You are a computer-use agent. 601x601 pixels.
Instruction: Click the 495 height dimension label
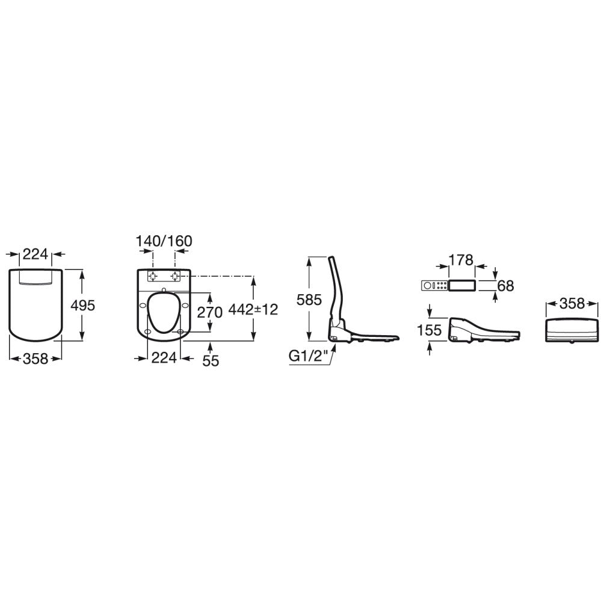pyautogui.click(x=83, y=306)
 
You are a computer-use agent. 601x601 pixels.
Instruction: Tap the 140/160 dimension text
pyautogui.click(x=164, y=241)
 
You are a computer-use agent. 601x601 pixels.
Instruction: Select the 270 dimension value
pyautogui.click(x=210, y=312)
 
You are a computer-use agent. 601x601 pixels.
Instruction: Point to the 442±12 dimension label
pyautogui.click(x=253, y=309)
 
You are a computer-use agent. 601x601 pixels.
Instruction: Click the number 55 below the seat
pyautogui.click(x=211, y=361)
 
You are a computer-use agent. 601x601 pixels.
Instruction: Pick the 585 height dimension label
pyautogui.click(x=309, y=300)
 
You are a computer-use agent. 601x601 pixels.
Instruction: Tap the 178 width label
pyautogui.click(x=461, y=260)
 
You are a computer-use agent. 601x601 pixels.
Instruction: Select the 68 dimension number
pyautogui.click(x=505, y=286)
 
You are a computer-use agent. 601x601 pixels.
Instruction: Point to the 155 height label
pyautogui.click(x=430, y=330)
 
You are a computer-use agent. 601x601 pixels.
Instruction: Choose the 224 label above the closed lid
pyautogui.click(x=35, y=254)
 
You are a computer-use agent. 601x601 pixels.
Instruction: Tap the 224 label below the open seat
pyautogui.click(x=164, y=357)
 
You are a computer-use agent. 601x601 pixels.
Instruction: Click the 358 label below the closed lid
pyautogui.click(x=35, y=359)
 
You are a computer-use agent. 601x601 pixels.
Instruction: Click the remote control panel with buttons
pyautogui.click(x=434, y=285)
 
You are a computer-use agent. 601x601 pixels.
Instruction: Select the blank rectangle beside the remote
pyautogui.click(x=462, y=285)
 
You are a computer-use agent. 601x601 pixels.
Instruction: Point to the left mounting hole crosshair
pyautogui.click(x=153, y=276)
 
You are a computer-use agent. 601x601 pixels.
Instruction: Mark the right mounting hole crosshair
pyautogui.click(x=176, y=276)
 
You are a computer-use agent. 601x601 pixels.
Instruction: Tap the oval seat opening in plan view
pyautogui.click(x=164, y=313)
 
